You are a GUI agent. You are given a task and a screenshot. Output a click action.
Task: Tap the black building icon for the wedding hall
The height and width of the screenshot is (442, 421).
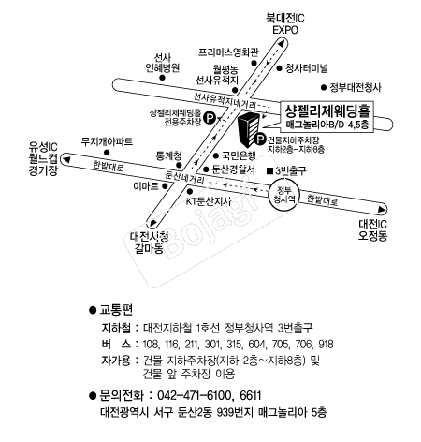[249, 130]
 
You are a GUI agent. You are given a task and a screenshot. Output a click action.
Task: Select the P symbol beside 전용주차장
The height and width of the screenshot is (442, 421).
[210, 118]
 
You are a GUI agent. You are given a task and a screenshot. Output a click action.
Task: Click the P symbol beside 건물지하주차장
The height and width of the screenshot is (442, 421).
[260, 140]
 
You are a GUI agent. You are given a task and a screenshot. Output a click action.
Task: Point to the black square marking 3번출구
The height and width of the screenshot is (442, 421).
[270, 170]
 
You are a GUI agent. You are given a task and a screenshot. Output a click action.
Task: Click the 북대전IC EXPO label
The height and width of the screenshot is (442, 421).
[285, 24]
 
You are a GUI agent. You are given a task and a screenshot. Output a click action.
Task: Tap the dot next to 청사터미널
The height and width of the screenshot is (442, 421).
[280, 68]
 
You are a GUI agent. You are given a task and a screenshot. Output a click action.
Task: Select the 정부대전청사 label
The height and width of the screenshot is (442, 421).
[356, 87]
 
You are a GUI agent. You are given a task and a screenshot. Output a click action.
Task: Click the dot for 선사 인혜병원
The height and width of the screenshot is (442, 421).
[162, 78]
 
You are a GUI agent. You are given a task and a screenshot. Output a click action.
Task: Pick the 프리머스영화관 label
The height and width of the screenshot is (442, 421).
[228, 52]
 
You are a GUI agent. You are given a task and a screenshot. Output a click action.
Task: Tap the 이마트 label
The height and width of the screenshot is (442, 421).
[146, 186]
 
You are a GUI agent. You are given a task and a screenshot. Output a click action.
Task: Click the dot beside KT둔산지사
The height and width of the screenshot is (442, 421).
[190, 191]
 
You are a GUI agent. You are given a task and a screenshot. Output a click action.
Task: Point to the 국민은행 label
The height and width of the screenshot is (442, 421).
[239, 155]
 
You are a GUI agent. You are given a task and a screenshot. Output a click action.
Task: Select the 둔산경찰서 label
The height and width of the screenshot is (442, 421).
[233, 169]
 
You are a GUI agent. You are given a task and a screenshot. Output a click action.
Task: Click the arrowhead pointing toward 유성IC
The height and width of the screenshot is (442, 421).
[66, 160]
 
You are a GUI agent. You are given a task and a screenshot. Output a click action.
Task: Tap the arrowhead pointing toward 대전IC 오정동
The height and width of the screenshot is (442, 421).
[382, 209]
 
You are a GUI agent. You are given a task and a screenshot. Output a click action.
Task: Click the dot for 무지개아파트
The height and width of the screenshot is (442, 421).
[107, 153]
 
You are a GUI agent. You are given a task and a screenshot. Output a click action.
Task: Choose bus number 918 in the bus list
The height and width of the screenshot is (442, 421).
[326, 344]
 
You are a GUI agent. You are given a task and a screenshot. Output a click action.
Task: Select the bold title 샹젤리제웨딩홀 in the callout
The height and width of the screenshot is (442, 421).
[327, 110]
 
